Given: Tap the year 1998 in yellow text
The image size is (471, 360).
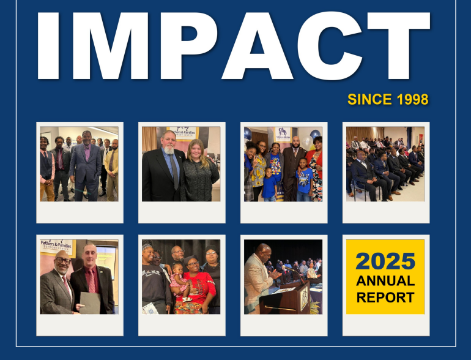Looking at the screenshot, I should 407,99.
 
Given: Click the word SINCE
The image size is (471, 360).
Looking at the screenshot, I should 365,99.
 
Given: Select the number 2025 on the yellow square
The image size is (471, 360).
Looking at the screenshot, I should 385,261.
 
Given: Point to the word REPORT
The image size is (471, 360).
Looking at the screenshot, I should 385,298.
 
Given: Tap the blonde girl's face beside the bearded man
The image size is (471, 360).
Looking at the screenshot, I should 198,149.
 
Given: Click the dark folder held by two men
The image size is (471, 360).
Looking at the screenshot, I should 89,302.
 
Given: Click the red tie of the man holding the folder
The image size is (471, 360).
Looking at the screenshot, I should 91,281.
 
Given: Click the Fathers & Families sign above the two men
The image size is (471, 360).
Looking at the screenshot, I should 57,246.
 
